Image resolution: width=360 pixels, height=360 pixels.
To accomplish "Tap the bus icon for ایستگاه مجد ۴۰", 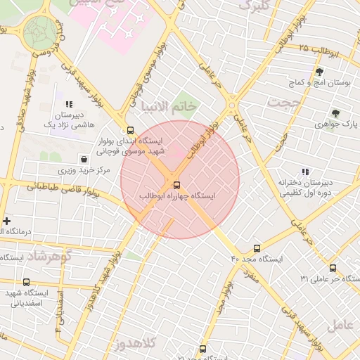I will pyautogui.click(x=257, y=248).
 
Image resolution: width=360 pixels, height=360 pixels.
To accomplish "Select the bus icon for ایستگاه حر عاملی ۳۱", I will pyautogui.click(x=333, y=268).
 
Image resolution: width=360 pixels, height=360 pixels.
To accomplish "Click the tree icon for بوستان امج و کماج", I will pyautogui.click(x=319, y=72).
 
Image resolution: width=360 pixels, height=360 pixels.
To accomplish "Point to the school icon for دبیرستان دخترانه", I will pyautogui.click(x=305, y=172).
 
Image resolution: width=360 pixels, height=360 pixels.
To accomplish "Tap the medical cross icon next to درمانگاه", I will pyautogui.click(x=6, y=221).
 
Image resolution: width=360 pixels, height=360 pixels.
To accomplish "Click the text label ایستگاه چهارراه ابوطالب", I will pyautogui.click(x=177, y=195).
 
